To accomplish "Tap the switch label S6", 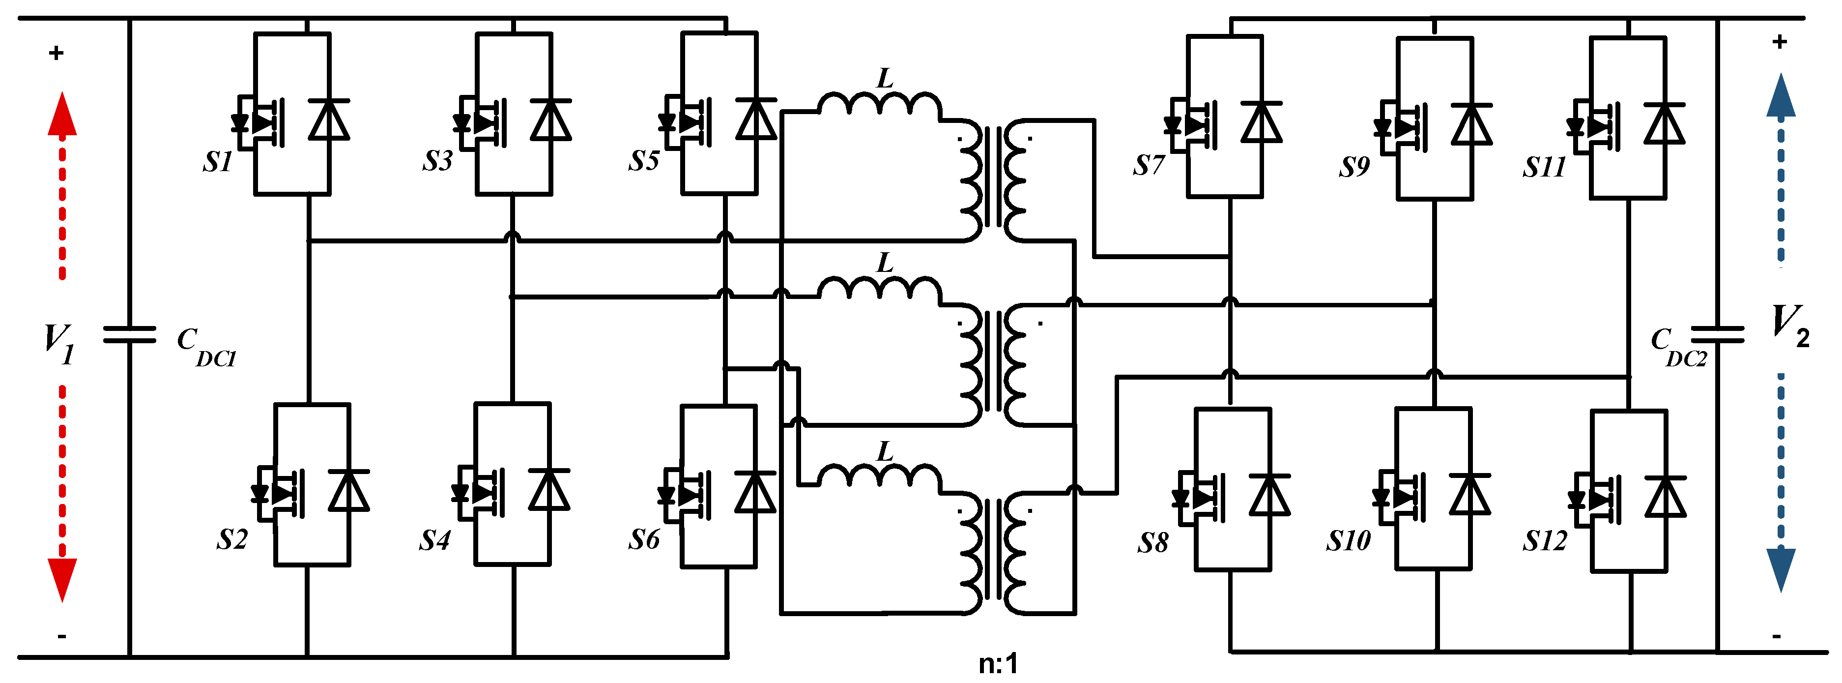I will [643, 539].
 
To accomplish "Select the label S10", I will [1348, 541].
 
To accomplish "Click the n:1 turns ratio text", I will [998, 664].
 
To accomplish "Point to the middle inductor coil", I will [880, 288].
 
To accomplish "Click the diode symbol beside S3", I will [550, 120].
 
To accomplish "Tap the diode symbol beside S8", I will [1270, 495].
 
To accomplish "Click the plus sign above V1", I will [57, 53].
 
